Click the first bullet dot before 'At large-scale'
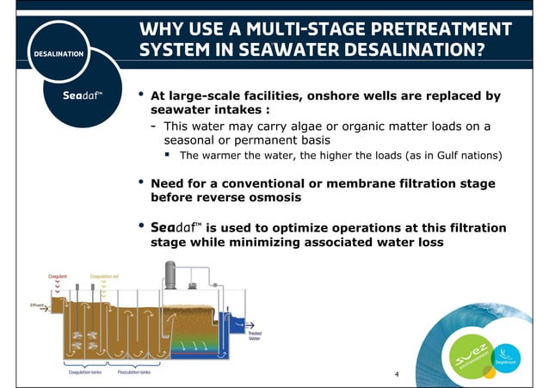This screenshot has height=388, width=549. pyautogui.click(x=141, y=94)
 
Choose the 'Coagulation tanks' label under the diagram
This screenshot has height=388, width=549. pyautogui.click(x=86, y=375)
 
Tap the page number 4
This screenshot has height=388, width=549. pyautogui.click(x=395, y=374)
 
